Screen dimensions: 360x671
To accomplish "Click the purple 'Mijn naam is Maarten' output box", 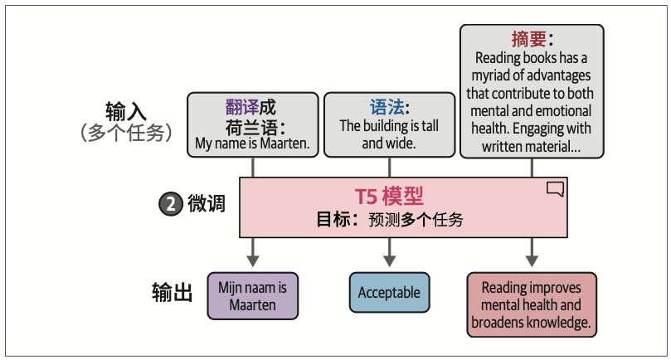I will (252, 296).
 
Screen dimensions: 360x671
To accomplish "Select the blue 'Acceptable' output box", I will (389, 293).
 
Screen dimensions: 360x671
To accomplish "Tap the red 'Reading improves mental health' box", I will (532, 304).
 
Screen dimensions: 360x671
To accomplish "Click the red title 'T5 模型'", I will (389, 196).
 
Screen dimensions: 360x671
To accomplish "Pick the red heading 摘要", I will (528, 39).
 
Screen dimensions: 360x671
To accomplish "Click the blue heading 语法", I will (387, 108).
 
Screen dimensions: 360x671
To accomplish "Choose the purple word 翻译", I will (241, 108).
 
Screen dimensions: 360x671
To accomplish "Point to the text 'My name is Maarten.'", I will (252, 143).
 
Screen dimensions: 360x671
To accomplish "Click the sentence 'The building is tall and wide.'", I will (389, 134).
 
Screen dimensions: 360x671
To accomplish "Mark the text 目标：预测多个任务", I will (389, 220).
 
